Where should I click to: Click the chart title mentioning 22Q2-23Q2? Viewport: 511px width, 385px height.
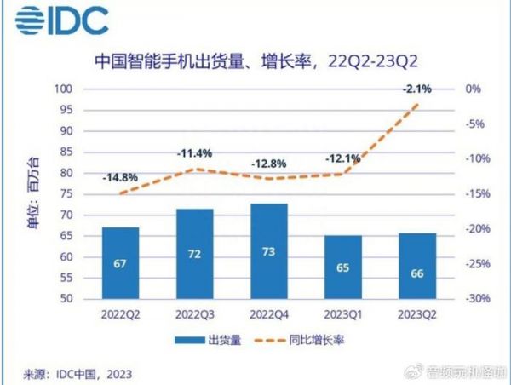point(255,60)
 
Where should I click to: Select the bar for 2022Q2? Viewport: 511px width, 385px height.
point(119,263)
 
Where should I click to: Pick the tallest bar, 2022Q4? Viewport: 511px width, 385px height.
point(268,251)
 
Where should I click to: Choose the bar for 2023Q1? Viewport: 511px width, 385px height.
point(343,267)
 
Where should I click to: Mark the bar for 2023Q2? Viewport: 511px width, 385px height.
point(417,266)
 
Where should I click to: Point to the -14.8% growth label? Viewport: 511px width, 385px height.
point(119,178)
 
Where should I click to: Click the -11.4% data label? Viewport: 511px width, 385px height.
point(194,154)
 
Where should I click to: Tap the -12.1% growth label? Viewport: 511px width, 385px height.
point(343,158)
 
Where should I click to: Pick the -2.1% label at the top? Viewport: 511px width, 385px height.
point(417,88)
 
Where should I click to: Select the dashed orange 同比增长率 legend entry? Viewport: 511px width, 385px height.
point(307,340)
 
